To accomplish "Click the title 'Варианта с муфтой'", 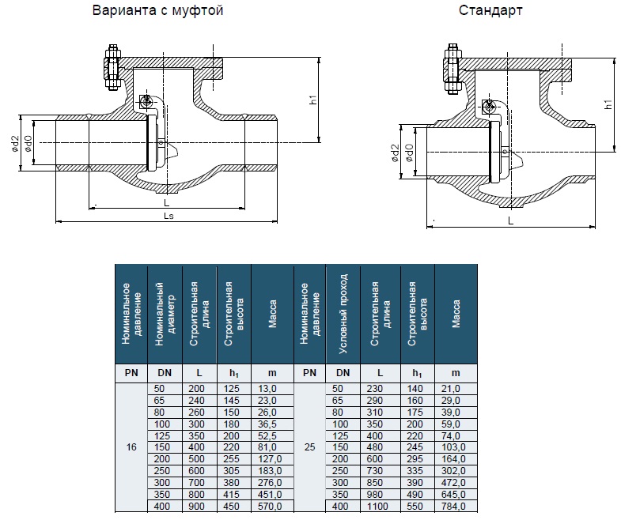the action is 157,11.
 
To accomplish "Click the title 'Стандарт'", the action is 490,11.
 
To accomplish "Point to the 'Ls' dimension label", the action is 169,216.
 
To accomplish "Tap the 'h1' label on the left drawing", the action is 313,100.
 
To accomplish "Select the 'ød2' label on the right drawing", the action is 395,153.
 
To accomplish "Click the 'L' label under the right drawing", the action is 510,221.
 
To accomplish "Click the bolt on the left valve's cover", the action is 112,67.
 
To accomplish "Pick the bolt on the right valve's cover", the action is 452,69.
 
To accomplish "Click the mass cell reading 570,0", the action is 270,506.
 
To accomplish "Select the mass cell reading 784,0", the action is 451,506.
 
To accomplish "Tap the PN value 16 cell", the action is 131,447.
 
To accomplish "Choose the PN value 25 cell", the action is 309,447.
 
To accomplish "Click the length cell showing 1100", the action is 377,506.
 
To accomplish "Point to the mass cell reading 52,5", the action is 267,435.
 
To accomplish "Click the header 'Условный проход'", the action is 343,314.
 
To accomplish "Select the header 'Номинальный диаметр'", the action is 165,314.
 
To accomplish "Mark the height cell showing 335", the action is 415,471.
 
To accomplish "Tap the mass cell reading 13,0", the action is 267,389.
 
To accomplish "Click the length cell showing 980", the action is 375,494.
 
